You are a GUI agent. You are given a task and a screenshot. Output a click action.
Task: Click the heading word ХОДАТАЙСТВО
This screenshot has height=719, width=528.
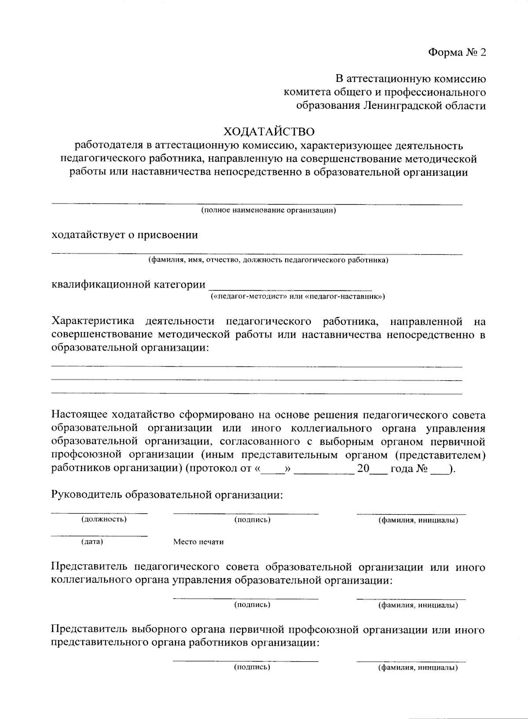(269, 132)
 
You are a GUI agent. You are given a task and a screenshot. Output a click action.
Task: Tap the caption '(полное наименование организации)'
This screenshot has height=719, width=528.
(268, 211)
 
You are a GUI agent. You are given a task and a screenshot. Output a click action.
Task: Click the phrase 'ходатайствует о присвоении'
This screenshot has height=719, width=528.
(125, 235)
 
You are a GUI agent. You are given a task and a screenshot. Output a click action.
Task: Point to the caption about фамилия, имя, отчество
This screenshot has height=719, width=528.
(268, 260)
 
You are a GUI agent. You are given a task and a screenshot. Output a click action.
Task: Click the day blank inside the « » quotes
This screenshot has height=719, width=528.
(273, 470)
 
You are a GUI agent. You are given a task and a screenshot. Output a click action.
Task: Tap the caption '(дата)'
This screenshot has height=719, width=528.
(92, 541)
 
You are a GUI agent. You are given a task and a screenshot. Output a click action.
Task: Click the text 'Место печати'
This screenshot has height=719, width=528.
(198, 542)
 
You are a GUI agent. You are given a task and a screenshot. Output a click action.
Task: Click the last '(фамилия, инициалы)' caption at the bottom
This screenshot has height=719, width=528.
(418, 667)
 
